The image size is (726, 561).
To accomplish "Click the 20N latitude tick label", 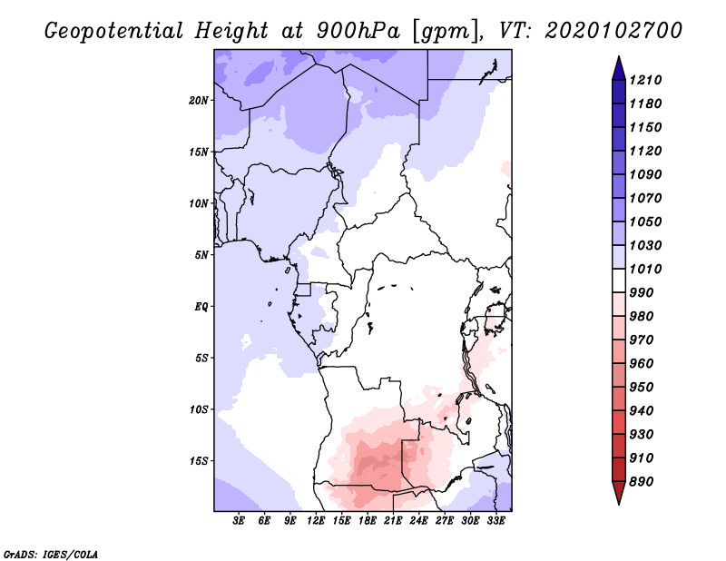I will coord(200,100).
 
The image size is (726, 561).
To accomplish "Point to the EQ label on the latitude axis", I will coord(201,307).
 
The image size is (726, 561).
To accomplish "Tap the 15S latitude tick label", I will coord(200,461).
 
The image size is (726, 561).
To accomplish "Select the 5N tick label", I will coord(201,255).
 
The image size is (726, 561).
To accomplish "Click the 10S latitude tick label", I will coord(200,409).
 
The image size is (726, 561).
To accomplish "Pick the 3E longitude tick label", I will coord(240,521).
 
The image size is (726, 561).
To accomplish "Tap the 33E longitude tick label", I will coord(496,521).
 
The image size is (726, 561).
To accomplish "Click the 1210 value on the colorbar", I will coord(648,80).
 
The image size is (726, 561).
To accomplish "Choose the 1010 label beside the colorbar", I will coord(648,269).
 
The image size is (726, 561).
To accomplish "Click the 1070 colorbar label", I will coord(648,198).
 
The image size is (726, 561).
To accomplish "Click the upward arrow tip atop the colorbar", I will coord(617,58).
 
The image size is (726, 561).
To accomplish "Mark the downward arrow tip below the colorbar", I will coord(617,502).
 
